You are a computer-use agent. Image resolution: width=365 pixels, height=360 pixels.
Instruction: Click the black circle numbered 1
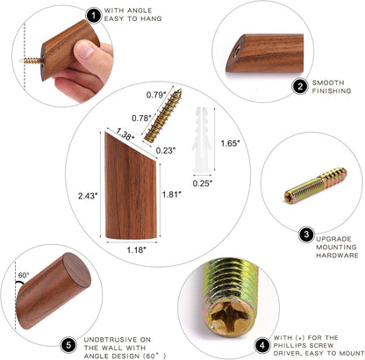coord(94,16)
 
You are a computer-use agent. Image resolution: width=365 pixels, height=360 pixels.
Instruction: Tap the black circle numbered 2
coord(300,87)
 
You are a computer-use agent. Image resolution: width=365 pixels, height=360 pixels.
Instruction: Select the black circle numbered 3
coord(306,234)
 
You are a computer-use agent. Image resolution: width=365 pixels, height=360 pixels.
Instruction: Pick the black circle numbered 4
coord(262,346)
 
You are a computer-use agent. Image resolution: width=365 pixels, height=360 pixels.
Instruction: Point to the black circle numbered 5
coord(68,345)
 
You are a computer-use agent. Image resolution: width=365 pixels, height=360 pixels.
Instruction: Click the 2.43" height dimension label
coord(88,196)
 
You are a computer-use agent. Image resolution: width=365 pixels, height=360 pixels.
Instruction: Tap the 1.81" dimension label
coord(172,194)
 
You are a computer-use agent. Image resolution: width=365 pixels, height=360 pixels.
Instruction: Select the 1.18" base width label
coord(136,250)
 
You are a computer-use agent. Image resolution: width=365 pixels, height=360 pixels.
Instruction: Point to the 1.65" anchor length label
coord(230,143)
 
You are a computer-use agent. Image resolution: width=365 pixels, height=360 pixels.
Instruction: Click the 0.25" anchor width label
coord(203,184)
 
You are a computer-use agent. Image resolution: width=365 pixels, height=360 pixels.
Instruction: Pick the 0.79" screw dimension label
coord(156,95)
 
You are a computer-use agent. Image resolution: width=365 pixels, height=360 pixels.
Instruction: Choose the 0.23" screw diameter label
coord(166,150)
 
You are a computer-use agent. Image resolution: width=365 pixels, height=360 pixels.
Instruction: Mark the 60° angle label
coord(24,276)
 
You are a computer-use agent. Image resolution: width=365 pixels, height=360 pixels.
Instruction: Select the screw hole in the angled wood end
coord(237,50)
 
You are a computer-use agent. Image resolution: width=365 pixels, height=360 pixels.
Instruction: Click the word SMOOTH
coord(328,83)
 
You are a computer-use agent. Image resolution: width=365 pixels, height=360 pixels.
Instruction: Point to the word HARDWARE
coord(337,256)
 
